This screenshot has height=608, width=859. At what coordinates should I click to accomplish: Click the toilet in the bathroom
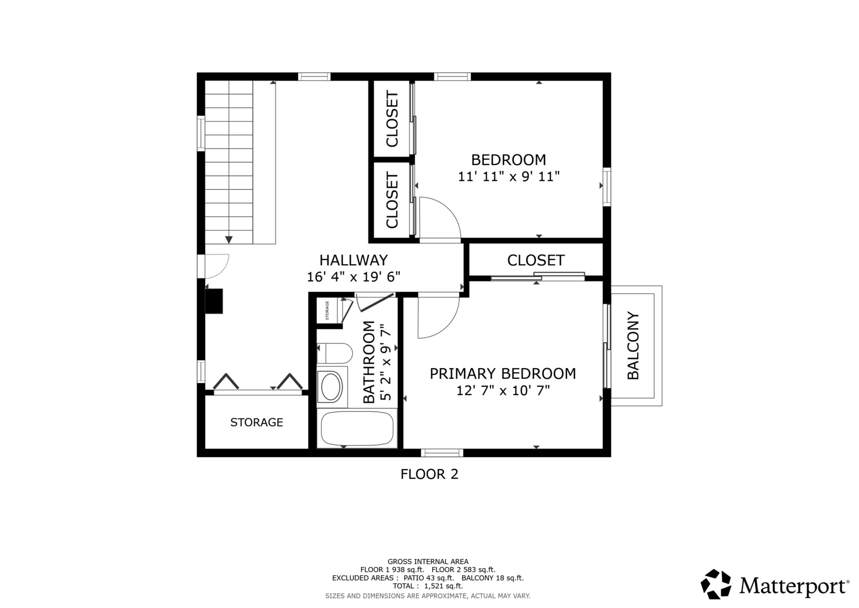[334, 354]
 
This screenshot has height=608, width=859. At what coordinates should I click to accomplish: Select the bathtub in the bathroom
[357, 428]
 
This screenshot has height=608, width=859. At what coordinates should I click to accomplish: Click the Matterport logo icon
[716, 584]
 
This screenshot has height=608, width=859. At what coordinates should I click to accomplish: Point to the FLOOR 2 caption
[429, 475]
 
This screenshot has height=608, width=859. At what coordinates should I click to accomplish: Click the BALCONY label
[633, 346]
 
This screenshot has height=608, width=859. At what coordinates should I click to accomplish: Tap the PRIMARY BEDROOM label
[503, 373]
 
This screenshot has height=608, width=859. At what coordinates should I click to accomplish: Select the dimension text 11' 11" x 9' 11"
[509, 177]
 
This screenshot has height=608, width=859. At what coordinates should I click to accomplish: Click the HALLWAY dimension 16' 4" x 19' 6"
[354, 277]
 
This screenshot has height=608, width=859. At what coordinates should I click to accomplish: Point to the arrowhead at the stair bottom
[229, 240]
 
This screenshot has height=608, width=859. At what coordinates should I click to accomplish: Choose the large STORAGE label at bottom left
[257, 422]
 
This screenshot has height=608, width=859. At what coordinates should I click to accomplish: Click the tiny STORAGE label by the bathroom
[327, 311]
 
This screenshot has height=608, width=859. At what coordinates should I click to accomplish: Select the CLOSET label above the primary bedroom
[536, 260]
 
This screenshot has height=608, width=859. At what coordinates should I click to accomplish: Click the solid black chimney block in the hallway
[214, 301]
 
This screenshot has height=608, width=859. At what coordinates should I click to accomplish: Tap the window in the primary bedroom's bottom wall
[442, 453]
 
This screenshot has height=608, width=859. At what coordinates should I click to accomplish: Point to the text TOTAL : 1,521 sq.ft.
[428, 586]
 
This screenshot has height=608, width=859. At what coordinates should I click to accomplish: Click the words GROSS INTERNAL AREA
[428, 562]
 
